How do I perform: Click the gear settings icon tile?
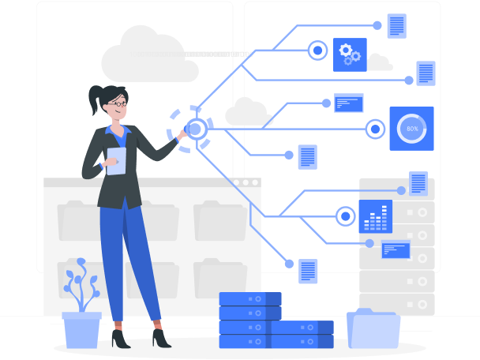[x=350, y=54]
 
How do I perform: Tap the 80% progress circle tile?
[x=411, y=128]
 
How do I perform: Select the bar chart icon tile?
[x=375, y=216]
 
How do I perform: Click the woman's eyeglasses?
[x=118, y=103]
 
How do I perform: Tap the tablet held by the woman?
[x=116, y=161]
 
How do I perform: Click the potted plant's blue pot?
[x=81, y=329]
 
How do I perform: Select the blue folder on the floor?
[x=373, y=329]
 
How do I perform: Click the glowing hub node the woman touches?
[x=195, y=128]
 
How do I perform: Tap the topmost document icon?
[x=396, y=25]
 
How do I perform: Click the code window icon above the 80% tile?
[x=348, y=103]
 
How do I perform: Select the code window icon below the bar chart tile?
[x=395, y=249]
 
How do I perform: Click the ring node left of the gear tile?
[x=317, y=51]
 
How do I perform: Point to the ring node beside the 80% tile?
[x=375, y=128]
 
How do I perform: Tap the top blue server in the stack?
[x=250, y=299]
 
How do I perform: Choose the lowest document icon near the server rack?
[x=308, y=271]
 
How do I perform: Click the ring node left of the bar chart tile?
[x=345, y=216]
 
